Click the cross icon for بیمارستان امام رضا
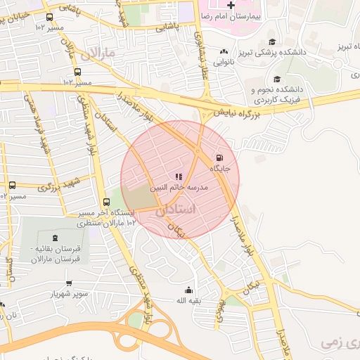(231, 5)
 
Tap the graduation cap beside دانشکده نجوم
(276, 79)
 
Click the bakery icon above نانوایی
(224, 51)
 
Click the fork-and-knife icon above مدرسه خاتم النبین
(179, 176)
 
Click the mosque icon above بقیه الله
(188, 290)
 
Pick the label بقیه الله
(188, 301)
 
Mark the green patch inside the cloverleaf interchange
(135, 320)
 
